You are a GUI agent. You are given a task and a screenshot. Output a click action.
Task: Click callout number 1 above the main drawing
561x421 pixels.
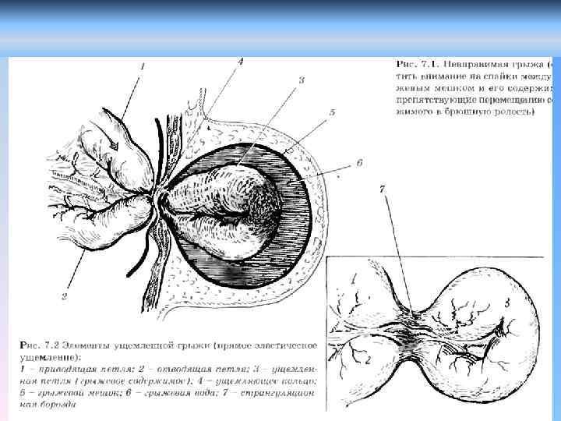pyautogui.click(x=143, y=67)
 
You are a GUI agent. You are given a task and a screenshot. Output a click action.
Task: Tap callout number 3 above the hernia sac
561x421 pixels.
pyautogui.click(x=302, y=80)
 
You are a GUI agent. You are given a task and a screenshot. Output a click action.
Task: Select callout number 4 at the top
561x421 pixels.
pyautogui.click(x=240, y=61)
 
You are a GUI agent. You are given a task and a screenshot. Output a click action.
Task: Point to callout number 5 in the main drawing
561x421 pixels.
pyautogui.click(x=332, y=112)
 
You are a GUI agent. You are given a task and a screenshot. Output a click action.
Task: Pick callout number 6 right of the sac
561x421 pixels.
pyautogui.click(x=359, y=163)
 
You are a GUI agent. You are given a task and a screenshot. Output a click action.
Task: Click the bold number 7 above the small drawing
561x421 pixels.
pyautogui.click(x=381, y=189)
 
